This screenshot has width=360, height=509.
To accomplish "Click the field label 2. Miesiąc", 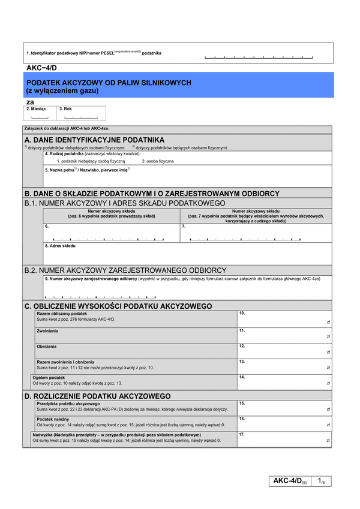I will pyautogui.click(x=36, y=109).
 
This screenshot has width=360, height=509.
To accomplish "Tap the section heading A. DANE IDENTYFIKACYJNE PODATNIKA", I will pyautogui.click(x=94, y=139).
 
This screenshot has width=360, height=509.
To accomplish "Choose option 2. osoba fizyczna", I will pyautogui.click(x=158, y=161).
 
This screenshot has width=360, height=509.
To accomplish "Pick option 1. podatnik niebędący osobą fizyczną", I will pyautogui.click(x=91, y=161).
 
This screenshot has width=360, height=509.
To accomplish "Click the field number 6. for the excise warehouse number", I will pyautogui.click(x=47, y=227).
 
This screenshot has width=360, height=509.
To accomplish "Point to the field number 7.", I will pyautogui.click(x=184, y=227).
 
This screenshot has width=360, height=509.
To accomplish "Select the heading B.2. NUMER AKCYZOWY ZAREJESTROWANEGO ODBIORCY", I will pyautogui.click(x=125, y=270).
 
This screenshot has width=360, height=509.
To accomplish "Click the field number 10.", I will pyautogui.click(x=242, y=314).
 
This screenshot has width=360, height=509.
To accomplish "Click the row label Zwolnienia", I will pyautogui.click(x=47, y=330).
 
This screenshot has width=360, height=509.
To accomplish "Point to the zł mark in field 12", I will pyautogui.click(x=328, y=353).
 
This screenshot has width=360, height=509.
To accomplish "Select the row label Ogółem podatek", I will pyautogui.click(x=49, y=378).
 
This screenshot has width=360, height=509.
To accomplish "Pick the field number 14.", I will pyautogui.click(x=242, y=378).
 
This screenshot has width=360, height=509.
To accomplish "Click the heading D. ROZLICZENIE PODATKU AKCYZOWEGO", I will pyautogui.click(x=97, y=396).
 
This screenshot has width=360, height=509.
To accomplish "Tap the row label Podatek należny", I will pyautogui.click(x=53, y=419).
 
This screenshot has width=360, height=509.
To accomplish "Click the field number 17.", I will pyautogui.click(x=242, y=434).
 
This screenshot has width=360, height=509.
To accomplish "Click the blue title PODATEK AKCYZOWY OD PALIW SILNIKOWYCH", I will pyautogui.click(x=109, y=83).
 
